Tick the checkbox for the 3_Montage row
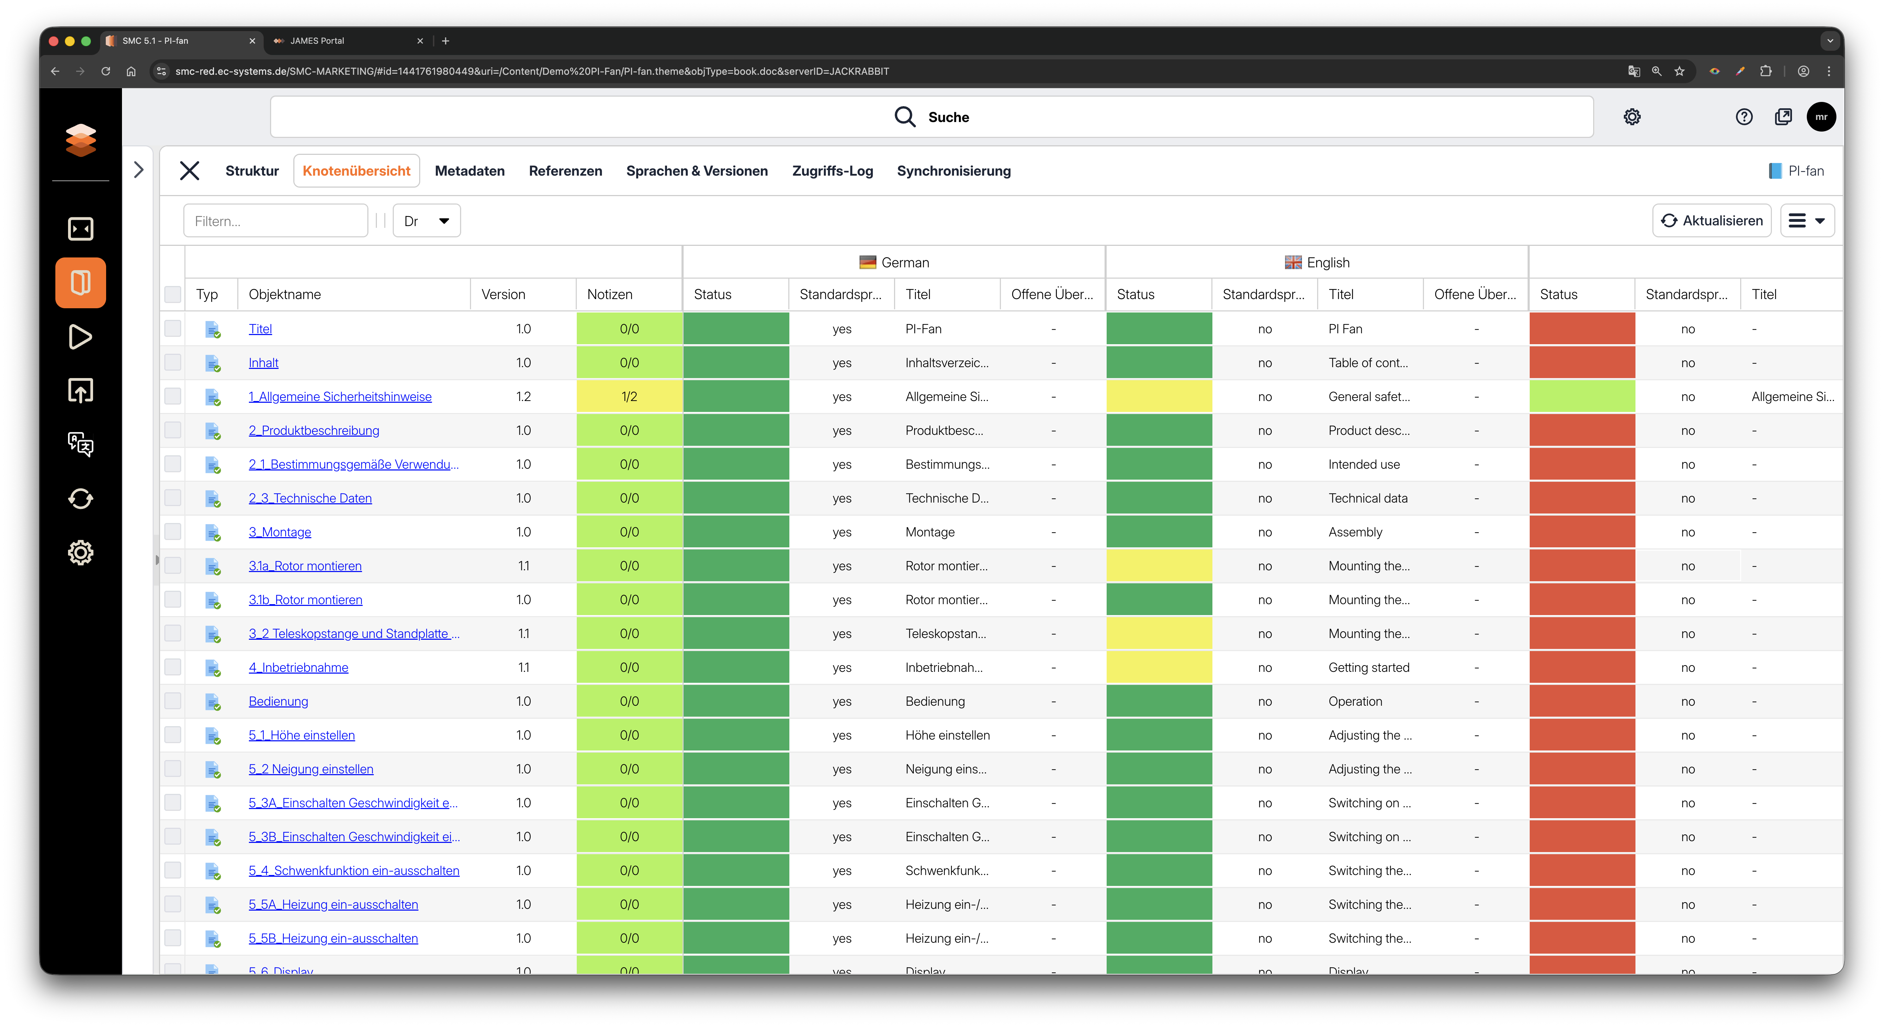tap(173, 532)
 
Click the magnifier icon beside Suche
tap(905, 117)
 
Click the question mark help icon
tap(1744, 117)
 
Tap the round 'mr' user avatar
tap(1821, 117)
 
